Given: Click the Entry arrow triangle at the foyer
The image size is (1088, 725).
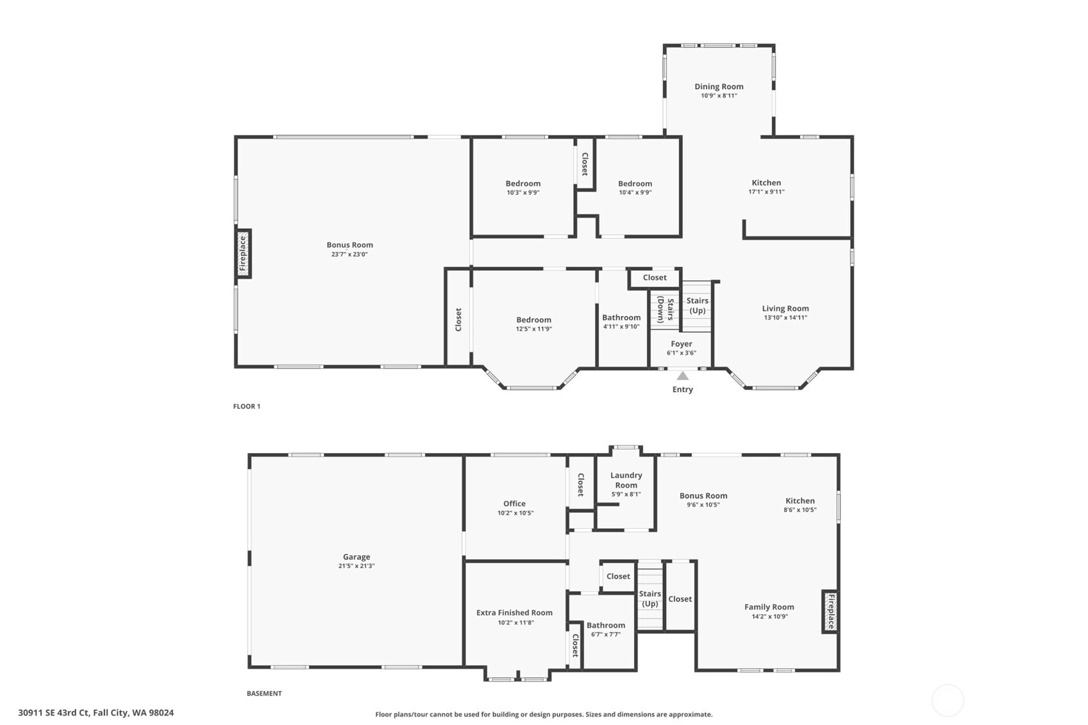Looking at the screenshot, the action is (x=682, y=376).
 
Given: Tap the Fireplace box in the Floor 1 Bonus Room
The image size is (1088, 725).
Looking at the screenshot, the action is (x=243, y=253).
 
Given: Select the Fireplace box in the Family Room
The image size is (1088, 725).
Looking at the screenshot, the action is (x=830, y=612).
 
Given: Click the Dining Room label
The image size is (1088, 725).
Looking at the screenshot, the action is (x=719, y=87).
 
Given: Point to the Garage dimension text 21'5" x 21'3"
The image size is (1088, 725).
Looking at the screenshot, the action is (x=356, y=566).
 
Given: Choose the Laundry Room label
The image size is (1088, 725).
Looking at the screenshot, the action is (x=626, y=479).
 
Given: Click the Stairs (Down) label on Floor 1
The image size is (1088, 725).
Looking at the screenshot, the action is (x=665, y=310).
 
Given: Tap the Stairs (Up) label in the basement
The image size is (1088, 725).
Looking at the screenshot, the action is (x=650, y=599).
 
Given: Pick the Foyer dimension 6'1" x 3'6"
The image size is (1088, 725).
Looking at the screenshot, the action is (x=682, y=353).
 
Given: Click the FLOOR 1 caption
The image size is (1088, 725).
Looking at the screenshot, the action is (x=247, y=406).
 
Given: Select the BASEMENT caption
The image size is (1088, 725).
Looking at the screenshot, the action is (x=264, y=694).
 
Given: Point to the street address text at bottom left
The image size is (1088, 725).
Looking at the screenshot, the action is (x=96, y=713).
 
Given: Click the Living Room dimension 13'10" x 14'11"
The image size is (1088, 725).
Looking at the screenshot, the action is (x=785, y=317).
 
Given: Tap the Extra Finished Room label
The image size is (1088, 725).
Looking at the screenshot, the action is (x=514, y=613).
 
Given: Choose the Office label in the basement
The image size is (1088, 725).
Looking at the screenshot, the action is (x=514, y=504).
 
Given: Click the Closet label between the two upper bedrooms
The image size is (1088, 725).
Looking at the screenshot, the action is (x=585, y=164).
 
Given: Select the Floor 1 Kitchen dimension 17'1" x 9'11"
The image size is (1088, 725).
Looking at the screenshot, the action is (x=766, y=192).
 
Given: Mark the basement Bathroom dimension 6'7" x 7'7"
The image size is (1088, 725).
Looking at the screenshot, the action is (x=606, y=634).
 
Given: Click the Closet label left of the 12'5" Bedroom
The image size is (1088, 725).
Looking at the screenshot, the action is (x=458, y=319).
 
